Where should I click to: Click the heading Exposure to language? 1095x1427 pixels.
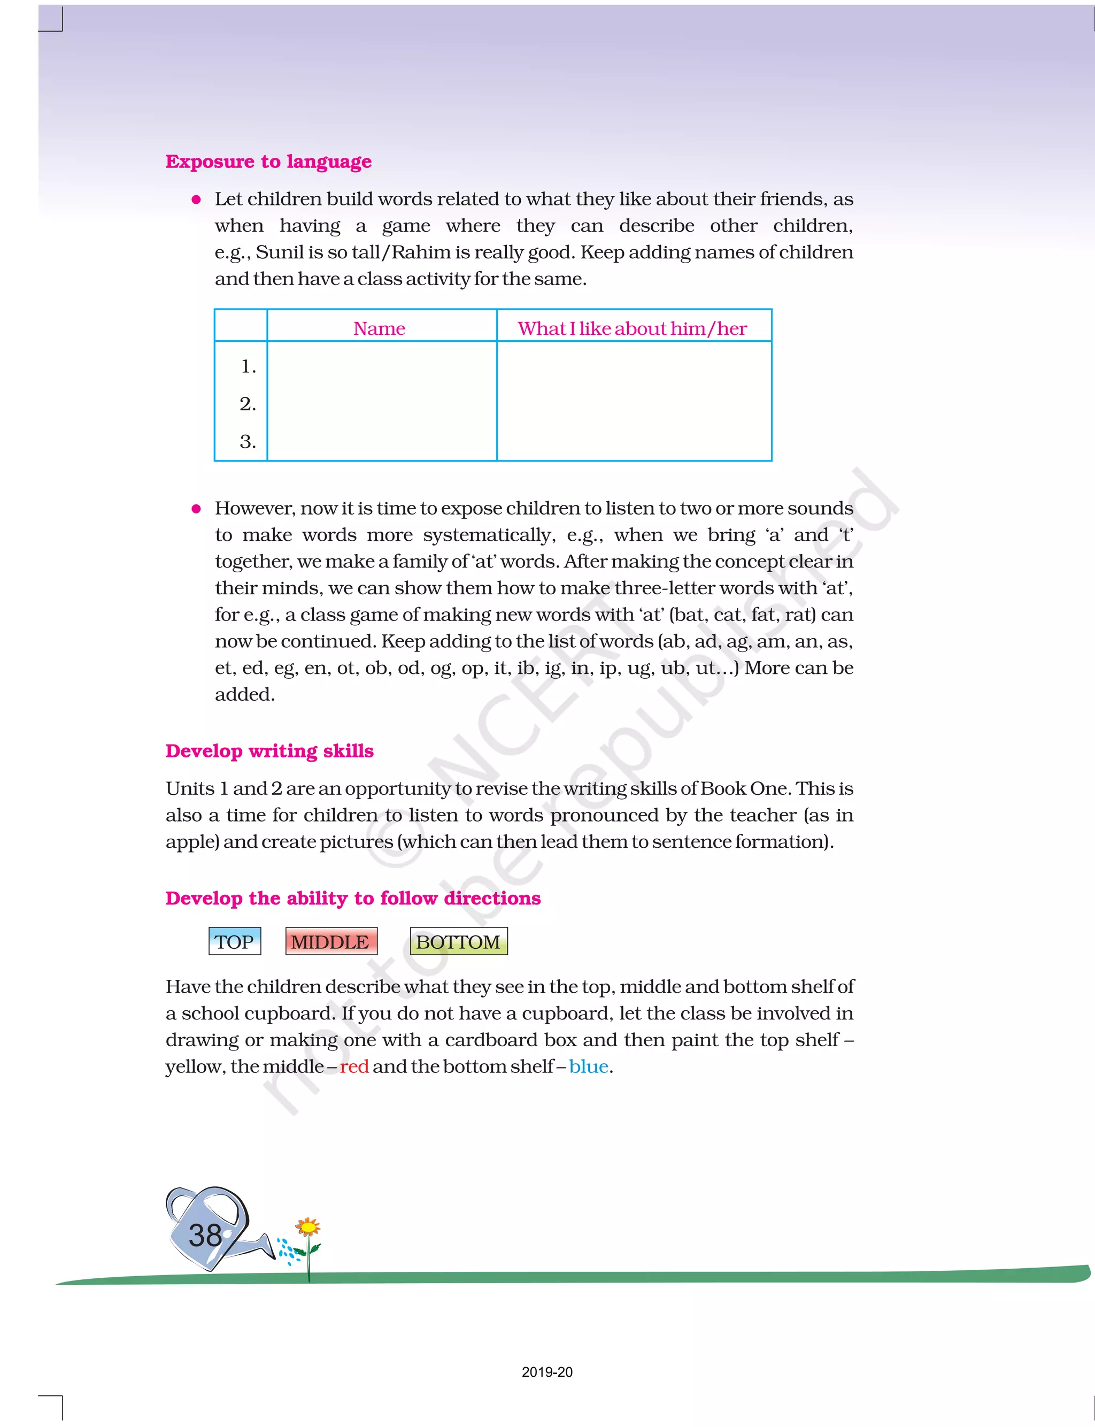pos(268,161)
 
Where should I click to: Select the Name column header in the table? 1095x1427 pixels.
pos(379,328)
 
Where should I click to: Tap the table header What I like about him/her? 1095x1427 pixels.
pos(631,328)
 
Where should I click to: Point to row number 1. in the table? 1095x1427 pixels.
pos(248,366)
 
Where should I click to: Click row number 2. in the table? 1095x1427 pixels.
pos(248,404)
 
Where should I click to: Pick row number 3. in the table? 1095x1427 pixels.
pos(248,442)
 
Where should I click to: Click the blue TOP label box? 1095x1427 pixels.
pos(235,941)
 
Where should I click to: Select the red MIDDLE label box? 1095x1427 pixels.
pos(330,941)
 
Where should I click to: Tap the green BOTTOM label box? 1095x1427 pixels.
pos(458,941)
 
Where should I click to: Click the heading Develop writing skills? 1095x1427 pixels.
pos(269,751)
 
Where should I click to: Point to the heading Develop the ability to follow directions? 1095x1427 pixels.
pos(353,899)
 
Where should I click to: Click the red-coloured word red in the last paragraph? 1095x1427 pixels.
pos(354,1067)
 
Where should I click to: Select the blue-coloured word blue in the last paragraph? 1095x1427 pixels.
pos(589,1067)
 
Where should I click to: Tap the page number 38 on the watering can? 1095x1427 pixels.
pos(205,1236)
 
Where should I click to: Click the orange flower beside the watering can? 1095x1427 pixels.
pos(307,1227)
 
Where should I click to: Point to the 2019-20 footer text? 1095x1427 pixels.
pos(547,1371)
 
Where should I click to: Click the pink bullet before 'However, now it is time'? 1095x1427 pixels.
pos(196,509)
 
